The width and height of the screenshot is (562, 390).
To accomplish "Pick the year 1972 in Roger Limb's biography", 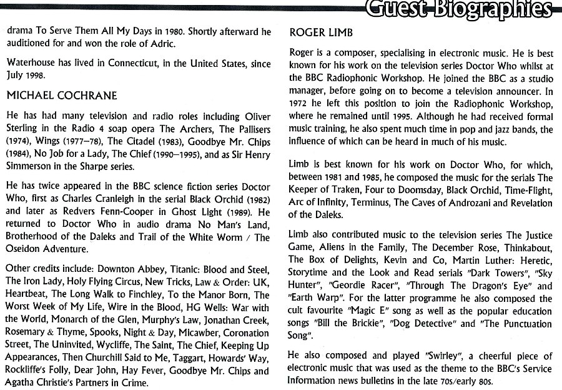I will coord(301,104).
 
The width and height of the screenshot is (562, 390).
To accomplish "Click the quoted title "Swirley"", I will coord(412,356).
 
